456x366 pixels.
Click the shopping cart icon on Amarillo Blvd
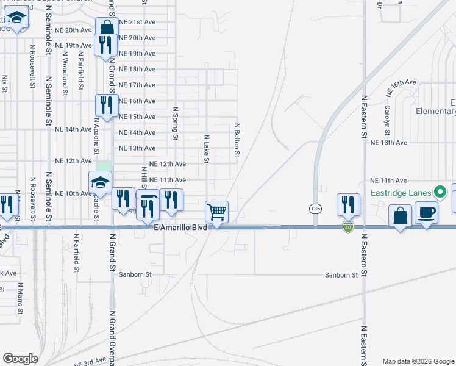pos(217,212)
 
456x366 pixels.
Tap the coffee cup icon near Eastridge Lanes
pos(426,212)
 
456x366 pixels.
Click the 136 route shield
pos(315,209)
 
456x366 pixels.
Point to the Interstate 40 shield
pos(347,228)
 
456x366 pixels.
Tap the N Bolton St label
pos(237,136)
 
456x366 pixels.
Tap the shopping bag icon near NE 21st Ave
pos(107,28)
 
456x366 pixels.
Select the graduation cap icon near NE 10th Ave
pos(101,182)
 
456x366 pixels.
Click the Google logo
pos(20,359)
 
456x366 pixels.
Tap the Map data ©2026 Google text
pos(418,361)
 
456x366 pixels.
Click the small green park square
pos(104,166)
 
